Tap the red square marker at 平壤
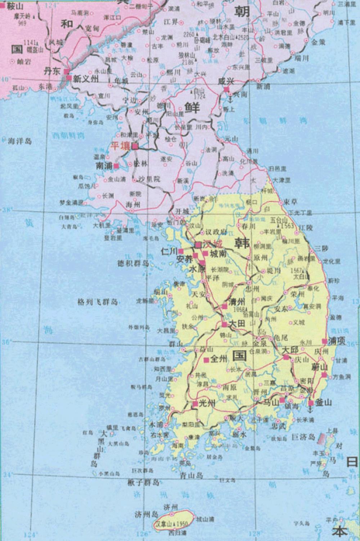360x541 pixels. click(135, 146)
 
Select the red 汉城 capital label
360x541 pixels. click(211, 244)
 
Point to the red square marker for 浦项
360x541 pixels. click(324, 341)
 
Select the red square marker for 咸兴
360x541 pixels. click(226, 89)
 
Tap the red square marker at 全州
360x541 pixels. click(206, 360)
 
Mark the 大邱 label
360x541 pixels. click(291, 350)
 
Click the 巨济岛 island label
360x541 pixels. click(303, 437)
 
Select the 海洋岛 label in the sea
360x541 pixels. click(20, 141)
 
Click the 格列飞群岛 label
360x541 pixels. click(98, 302)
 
